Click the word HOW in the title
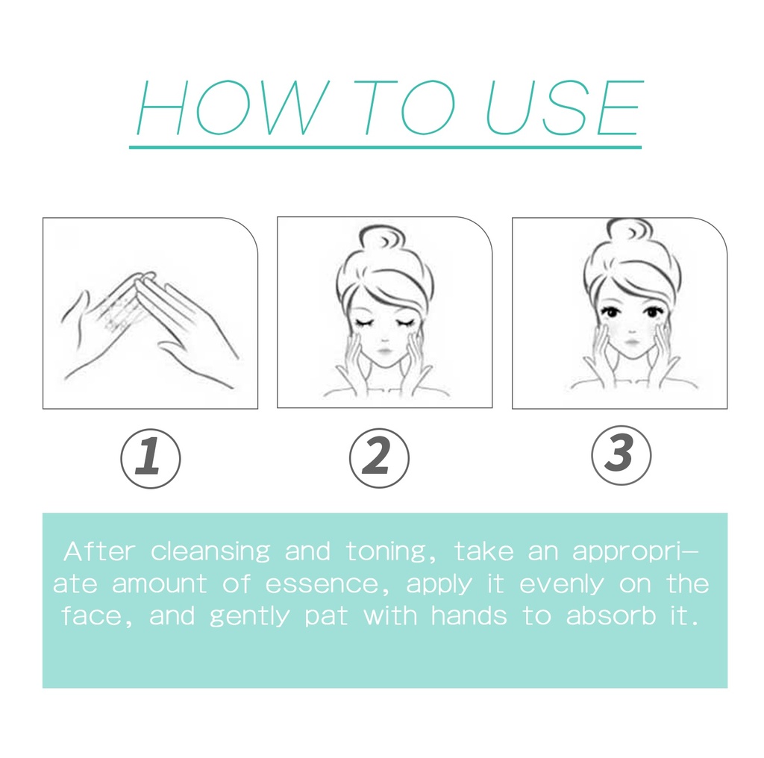(x=232, y=107)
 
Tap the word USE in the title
(x=564, y=107)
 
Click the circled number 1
(x=151, y=458)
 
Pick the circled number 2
(x=379, y=458)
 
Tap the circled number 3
(x=621, y=455)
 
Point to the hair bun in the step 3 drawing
(x=630, y=230)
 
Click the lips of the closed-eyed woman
(x=384, y=351)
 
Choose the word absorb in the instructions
(x=611, y=616)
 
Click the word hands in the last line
(x=469, y=616)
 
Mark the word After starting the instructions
(x=99, y=551)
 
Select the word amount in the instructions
(x=160, y=584)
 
